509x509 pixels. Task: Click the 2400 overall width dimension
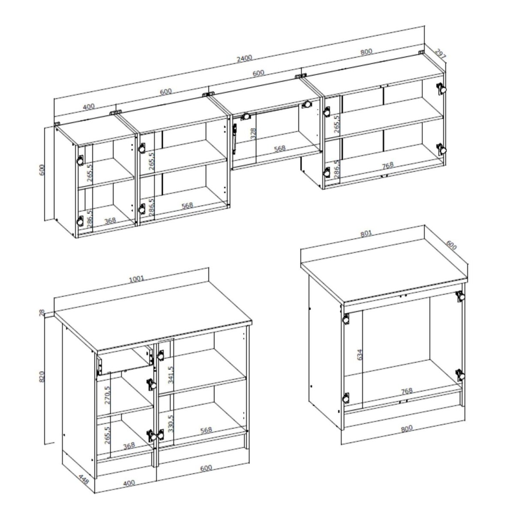pyautogui.click(x=244, y=58)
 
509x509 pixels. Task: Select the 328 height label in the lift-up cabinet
pyautogui.click(x=253, y=134)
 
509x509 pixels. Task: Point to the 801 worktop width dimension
pyautogui.click(x=366, y=233)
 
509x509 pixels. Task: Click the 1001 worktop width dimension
pyautogui.click(x=136, y=279)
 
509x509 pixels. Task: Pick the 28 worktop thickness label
pyautogui.click(x=42, y=313)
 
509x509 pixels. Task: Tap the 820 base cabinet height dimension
pyautogui.click(x=42, y=377)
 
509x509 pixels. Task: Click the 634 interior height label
pyautogui.click(x=359, y=354)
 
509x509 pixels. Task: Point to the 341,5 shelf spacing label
pyautogui.click(x=171, y=374)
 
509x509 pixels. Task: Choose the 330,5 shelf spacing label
pyautogui.click(x=171, y=423)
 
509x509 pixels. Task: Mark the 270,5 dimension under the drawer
pyautogui.click(x=108, y=395)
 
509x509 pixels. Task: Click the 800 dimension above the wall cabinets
pyautogui.click(x=366, y=51)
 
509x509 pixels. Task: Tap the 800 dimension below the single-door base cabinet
pyautogui.click(x=407, y=429)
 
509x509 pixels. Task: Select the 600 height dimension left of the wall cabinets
pyautogui.click(x=42, y=170)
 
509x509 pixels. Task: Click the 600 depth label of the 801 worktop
pyautogui.click(x=451, y=245)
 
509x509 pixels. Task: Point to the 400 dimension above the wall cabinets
pyautogui.click(x=89, y=107)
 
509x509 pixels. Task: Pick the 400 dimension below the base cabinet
pyautogui.click(x=129, y=483)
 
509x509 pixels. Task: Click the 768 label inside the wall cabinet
pyautogui.click(x=388, y=165)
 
